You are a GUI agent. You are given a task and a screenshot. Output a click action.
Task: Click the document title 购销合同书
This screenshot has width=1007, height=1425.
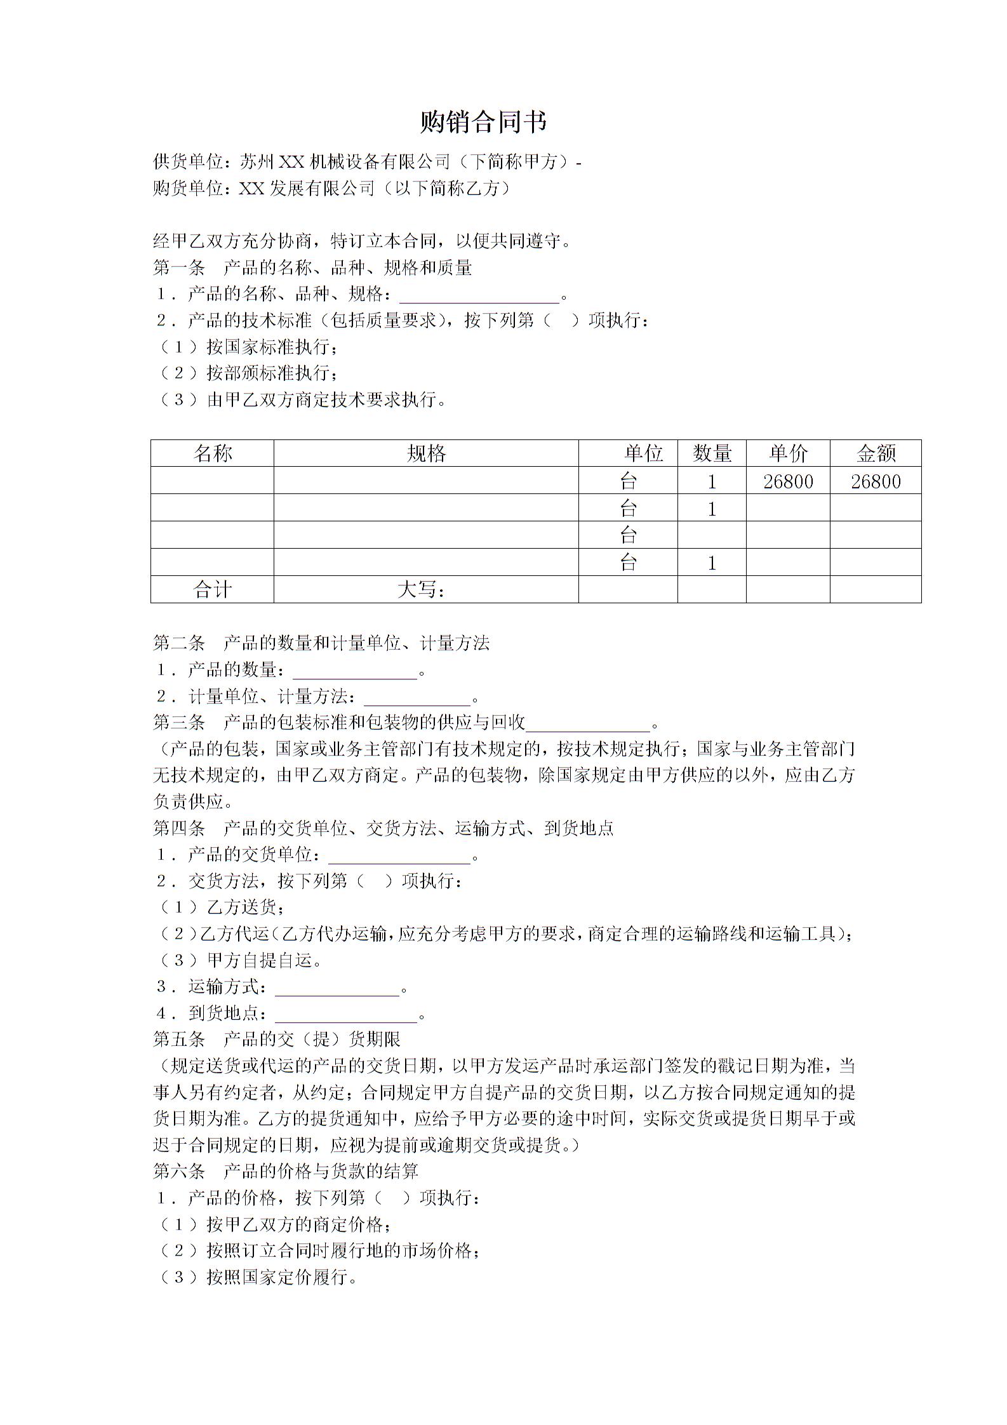pos(483,122)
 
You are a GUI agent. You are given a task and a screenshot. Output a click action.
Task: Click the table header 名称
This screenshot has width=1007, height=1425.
pos(213,453)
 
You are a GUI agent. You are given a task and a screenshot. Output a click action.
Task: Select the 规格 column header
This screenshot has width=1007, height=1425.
pos(426,453)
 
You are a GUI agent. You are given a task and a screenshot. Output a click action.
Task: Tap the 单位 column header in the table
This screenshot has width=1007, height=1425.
pos(643,453)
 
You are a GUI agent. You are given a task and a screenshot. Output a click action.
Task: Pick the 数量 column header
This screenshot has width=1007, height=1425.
pos(712,453)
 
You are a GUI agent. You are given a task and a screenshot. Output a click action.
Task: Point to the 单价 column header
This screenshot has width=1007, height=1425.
pos(788,453)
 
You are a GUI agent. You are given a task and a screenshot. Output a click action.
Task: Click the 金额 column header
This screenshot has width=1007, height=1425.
pos(876,453)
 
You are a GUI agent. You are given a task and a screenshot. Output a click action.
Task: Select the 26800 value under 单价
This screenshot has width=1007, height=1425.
pos(788,481)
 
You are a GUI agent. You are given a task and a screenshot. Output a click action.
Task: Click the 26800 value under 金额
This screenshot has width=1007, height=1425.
pos(876,481)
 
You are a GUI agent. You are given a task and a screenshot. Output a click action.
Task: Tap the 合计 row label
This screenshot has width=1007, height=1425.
pos(213,590)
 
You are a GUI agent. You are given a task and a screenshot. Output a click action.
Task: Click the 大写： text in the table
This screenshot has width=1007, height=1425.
pos(421,590)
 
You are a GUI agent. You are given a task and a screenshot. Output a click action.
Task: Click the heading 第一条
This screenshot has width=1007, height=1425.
pos(179,268)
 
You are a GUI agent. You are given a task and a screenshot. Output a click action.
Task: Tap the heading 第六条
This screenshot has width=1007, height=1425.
pos(179,1171)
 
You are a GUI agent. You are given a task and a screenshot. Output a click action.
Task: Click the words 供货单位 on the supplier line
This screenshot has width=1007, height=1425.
pos(188,162)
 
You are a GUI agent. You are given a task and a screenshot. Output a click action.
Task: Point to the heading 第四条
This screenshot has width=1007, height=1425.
pos(179,828)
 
